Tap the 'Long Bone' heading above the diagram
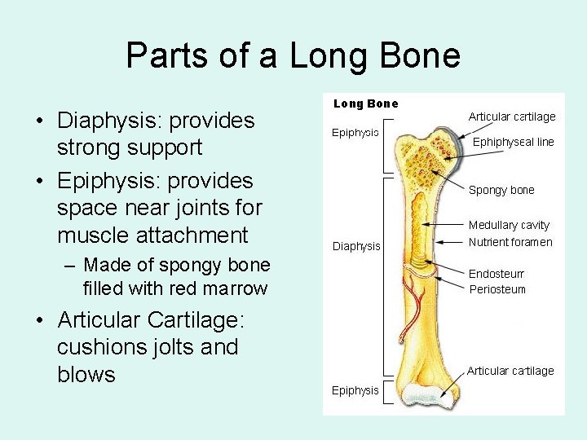[x=366, y=103]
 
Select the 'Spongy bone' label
[x=501, y=190]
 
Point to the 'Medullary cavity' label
[x=509, y=225]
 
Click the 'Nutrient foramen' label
[x=510, y=242]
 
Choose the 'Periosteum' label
[x=497, y=289]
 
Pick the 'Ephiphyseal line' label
[x=514, y=142]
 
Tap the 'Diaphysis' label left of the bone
[x=355, y=246]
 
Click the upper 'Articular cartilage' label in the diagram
[x=512, y=117]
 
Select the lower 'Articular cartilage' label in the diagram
[x=510, y=371]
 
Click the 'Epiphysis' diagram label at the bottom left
[x=355, y=390]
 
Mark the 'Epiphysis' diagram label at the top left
[x=355, y=132]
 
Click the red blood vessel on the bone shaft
[x=418, y=306]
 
